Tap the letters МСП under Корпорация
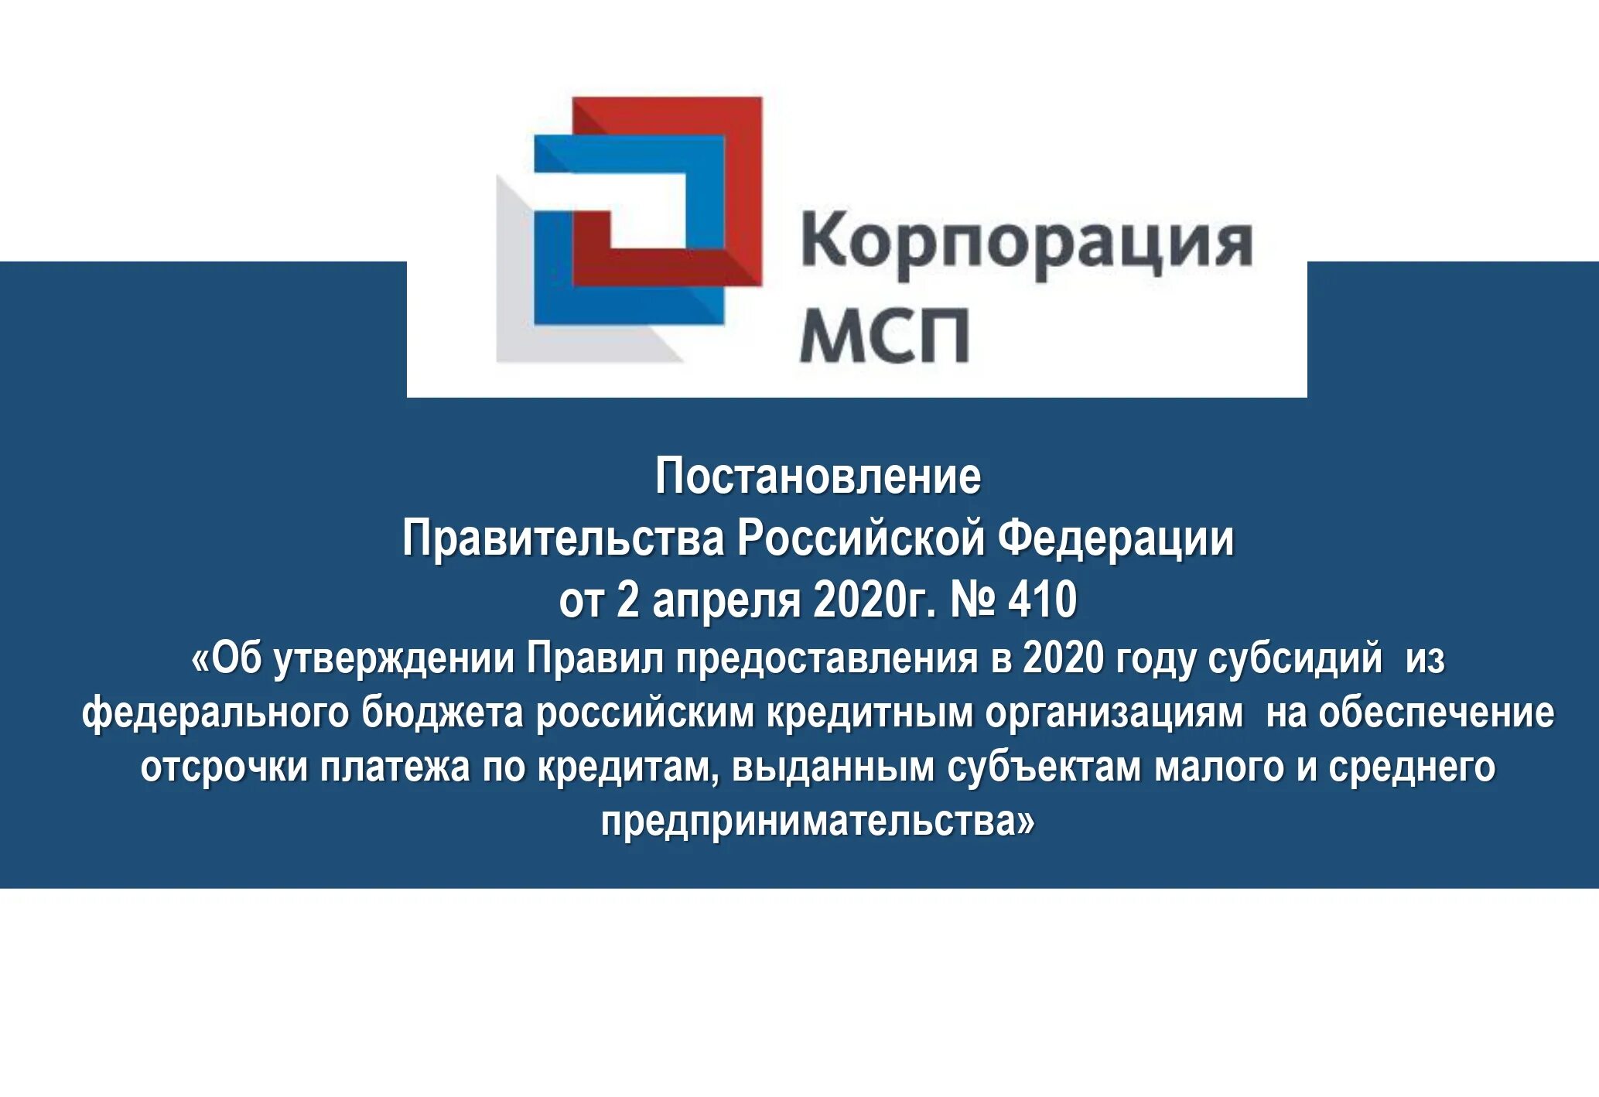pyautogui.click(x=883, y=335)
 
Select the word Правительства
pyautogui.click(x=564, y=538)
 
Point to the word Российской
pyautogui.click(x=860, y=538)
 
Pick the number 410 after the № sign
pyautogui.click(x=1042, y=600)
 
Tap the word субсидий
pyautogui.click(x=1294, y=659)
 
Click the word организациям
pyautogui.click(x=1114, y=713)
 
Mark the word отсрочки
pyautogui.click(x=224, y=767)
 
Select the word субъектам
pyautogui.click(x=1044, y=767)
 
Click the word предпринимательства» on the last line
pyautogui.click(x=817, y=822)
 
